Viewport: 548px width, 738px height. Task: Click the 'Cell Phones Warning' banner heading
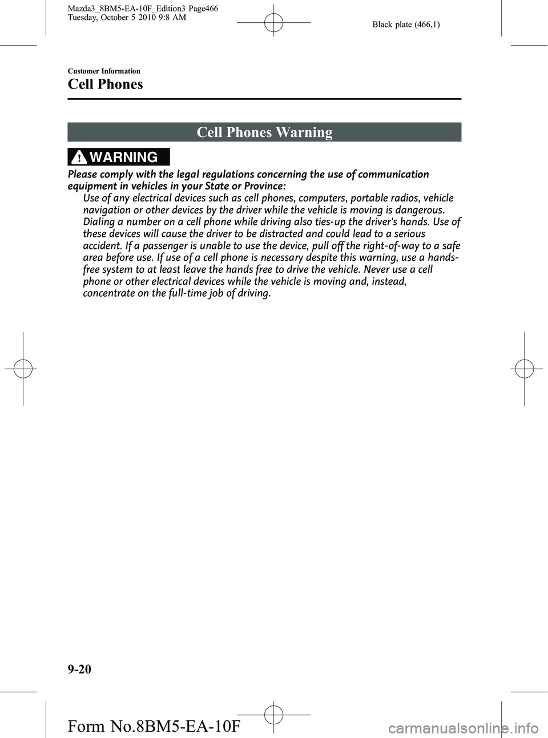264,132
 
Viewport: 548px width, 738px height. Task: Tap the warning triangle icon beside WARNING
79,157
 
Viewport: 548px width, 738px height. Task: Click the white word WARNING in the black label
123,157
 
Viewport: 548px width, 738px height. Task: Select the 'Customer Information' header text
104,71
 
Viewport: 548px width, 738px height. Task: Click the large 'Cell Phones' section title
106,84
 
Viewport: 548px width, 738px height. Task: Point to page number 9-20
79,669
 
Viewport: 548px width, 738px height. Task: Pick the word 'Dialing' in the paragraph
99,222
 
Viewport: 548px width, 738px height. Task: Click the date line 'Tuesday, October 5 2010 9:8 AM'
127,18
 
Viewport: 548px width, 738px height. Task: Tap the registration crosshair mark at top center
273,23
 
